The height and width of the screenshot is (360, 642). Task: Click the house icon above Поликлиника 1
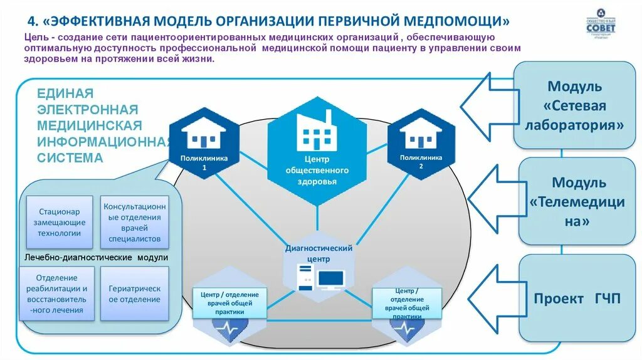[203, 132]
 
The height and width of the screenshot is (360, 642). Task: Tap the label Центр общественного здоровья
[317, 171]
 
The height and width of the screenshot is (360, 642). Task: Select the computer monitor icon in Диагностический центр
[330, 278]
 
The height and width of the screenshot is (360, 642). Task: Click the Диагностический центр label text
[318, 253]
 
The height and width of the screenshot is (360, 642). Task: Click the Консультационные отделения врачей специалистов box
[135, 222]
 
